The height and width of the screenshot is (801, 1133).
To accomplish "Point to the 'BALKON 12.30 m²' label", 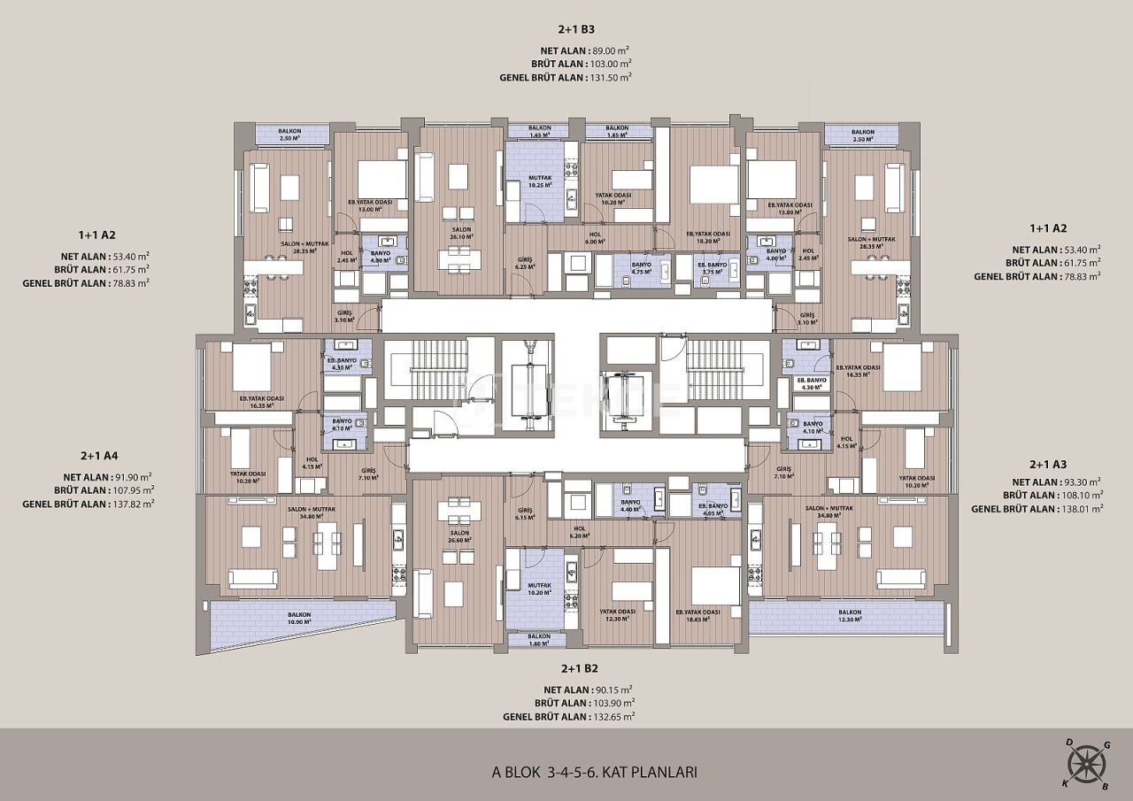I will pos(850,616).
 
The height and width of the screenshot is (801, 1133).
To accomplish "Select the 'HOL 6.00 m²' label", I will pos(595,237).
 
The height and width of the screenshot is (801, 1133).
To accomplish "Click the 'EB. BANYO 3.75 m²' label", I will pos(712,268).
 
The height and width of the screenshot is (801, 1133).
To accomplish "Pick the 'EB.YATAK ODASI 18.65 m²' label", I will pos(698,615).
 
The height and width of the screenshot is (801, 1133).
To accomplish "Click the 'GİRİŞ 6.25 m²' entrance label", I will pos(525,264).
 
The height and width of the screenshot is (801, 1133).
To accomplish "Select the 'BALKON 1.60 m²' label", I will pos(539,640).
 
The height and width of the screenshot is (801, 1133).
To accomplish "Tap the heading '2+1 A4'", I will pos(99,456).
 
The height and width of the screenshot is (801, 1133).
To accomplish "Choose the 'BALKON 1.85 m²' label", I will pos(617,132).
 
